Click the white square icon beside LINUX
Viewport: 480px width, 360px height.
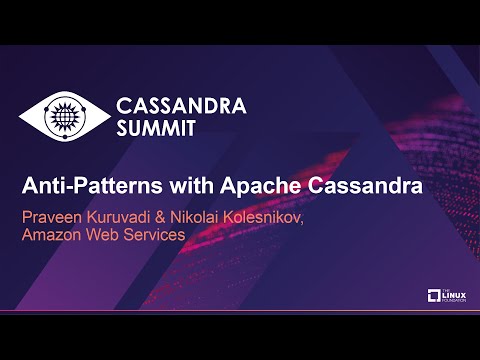tap(434, 296)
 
